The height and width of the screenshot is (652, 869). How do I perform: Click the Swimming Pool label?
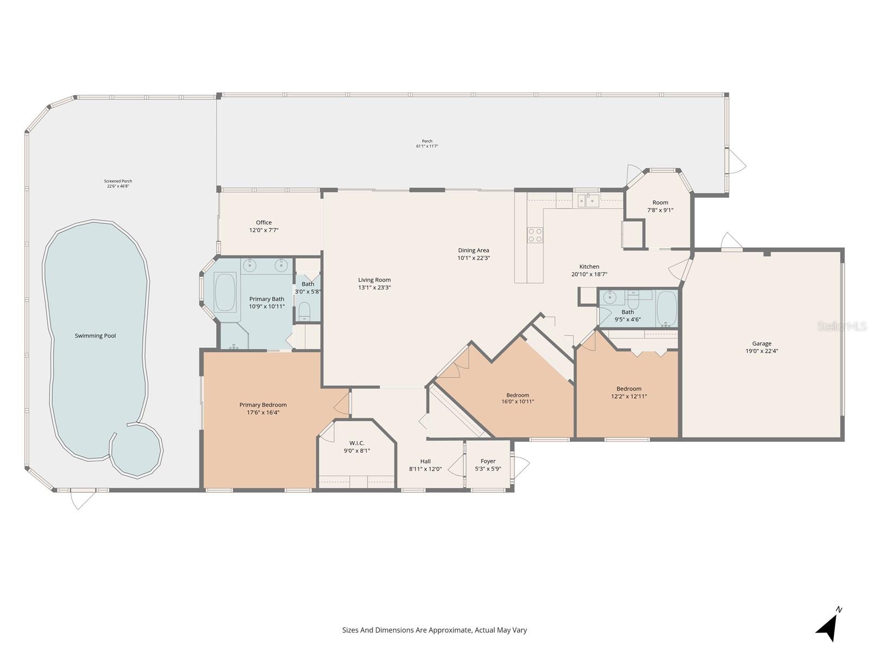(x=95, y=336)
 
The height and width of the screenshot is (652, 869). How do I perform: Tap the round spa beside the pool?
(x=136, y=450)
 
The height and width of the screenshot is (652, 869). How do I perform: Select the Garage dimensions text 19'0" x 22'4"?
(x=761, y=351)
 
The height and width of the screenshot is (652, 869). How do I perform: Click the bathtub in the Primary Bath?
(x=225, y=292)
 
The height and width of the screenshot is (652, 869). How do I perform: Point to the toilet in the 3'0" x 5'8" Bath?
(x=305, y=311)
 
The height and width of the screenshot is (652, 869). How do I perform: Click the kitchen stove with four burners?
(x=535, y=235)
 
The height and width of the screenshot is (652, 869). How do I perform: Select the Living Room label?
(x=374, y=280)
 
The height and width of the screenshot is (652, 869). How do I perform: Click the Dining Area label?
(x=473, y=250)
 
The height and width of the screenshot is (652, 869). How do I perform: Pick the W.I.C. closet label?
(x=357, y=443)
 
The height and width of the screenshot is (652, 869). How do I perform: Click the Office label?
(x=264, y=222)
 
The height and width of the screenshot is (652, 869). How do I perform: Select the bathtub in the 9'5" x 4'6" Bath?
(x=666, y=308)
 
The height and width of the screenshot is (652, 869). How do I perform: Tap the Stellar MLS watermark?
(x=841, y=327)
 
